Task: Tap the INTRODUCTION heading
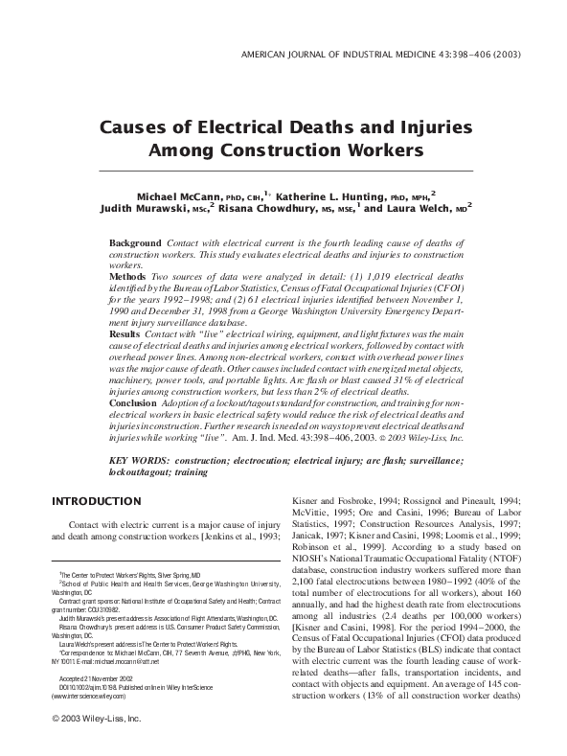[96, 501]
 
